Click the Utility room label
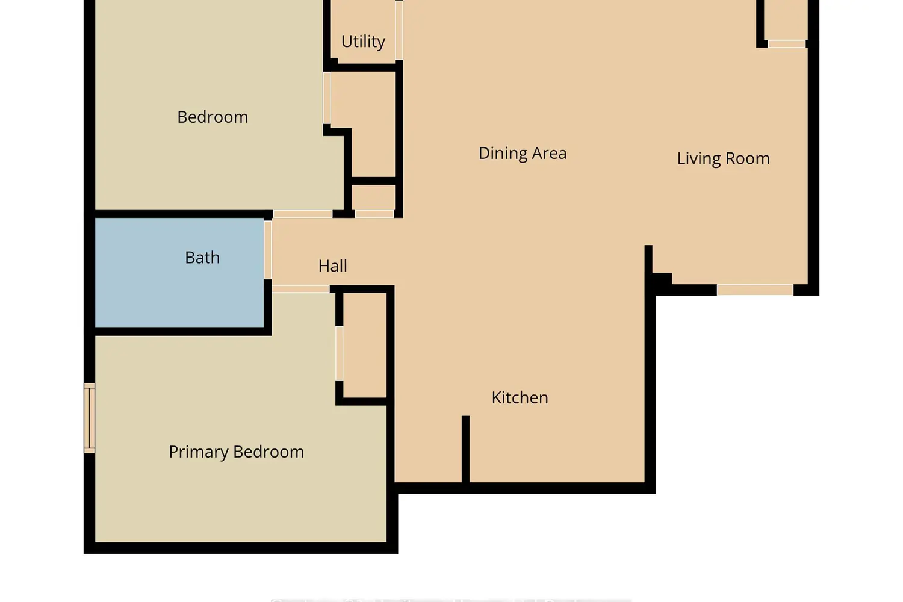(x=363, y=41)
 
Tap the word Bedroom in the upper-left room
(x=213, y=117)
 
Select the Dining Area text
(x=522, y=153)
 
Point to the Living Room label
(x=723, y=158)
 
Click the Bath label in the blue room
(x=202, y=258)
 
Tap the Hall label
(x=332, y=266)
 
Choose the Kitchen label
(x=520, y=397)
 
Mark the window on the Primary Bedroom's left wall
(x=89, y=418)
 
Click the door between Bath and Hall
(x=267, y=250)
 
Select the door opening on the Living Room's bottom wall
(x=755, y=290)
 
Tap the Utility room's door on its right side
(x=399, y=30)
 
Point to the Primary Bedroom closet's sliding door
(x=340, y=353)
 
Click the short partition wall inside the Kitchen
(x=465, y=448)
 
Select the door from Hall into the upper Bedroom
(x=302, y=214)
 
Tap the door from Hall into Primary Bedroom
(x=300, y=289)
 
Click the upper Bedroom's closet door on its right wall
(x=327, y=98)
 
